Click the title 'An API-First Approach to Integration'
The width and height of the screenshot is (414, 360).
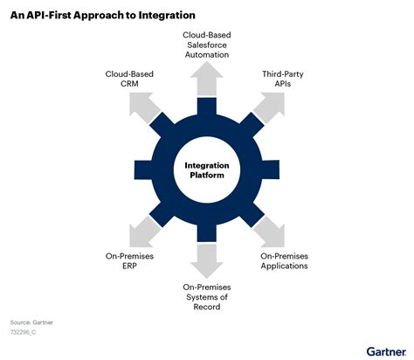pos(102,16)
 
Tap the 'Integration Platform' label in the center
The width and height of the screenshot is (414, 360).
pos(206,170)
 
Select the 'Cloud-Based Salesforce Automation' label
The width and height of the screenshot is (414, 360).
pos(206,44)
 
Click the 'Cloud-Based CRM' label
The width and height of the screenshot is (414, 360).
pos(130,80)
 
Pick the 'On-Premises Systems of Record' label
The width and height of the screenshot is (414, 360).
pos(207,297)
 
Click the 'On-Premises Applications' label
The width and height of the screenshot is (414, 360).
pos(285,260)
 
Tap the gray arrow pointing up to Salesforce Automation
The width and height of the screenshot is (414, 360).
pos(206,80)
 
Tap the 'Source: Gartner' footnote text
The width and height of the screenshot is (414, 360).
pos(31,322)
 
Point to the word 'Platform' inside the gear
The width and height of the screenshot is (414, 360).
pos(206,176)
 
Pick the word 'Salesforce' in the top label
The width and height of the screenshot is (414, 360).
pos(206,44)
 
